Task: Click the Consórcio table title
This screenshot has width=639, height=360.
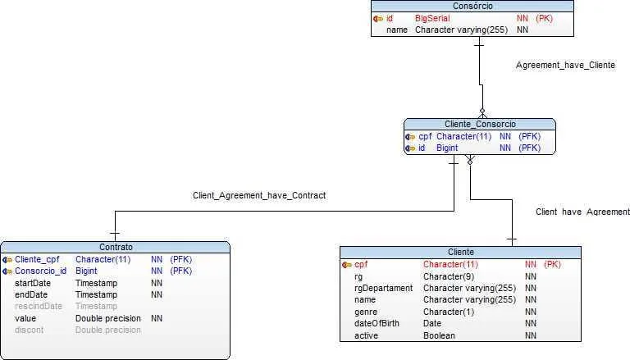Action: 472,6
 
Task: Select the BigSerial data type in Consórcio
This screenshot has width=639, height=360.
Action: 432,18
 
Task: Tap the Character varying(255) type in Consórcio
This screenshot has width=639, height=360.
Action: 461,30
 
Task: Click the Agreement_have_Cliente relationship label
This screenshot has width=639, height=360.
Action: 565,65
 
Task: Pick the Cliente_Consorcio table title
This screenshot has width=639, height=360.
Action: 480,124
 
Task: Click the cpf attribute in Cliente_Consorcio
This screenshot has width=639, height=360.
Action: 425,136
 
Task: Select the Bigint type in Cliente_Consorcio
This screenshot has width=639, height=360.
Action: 447,148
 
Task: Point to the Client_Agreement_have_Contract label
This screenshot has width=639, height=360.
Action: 259,195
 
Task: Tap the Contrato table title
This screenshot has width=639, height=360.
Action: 116,247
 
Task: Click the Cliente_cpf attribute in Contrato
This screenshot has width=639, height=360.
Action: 38,259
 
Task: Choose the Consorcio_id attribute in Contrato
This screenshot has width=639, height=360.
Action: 41,271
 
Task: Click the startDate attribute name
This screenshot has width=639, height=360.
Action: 33,283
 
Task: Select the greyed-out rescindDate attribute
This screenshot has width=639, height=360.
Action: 39,306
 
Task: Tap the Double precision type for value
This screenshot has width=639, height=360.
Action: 107,318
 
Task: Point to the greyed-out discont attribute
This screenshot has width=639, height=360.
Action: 29,330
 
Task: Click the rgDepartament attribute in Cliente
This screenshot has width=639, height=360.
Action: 383,288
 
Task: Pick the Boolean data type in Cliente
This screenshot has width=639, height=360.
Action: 439,335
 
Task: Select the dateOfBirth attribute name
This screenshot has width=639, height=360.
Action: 377,324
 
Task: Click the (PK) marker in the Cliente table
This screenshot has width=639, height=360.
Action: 552,264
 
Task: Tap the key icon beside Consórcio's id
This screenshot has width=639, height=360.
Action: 378,18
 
